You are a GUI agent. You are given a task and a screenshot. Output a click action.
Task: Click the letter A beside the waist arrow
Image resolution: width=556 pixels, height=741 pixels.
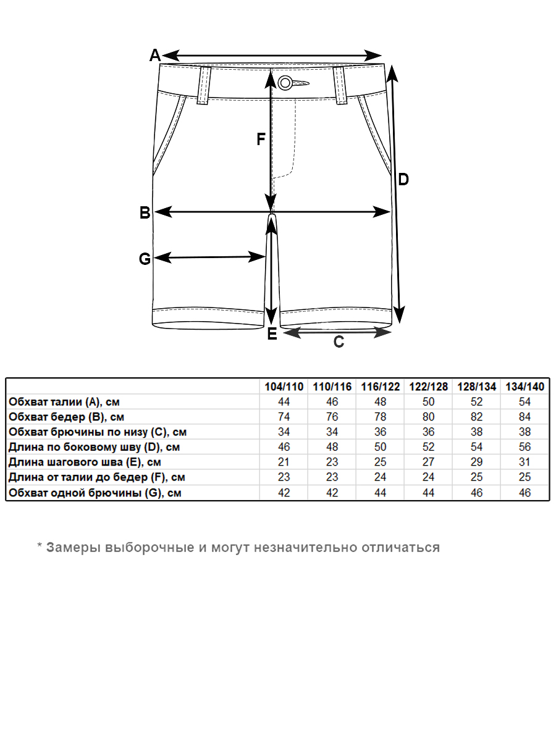coord(155,55)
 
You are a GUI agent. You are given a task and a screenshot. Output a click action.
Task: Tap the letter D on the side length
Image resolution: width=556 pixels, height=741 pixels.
coord(403,180)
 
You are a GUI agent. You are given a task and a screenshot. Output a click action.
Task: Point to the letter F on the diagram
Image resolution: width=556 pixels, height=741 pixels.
coord(261,140)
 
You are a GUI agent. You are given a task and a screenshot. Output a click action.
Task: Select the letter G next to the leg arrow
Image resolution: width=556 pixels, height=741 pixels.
coord(145,259)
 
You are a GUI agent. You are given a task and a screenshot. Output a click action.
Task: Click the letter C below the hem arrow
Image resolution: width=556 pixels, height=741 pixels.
coord(339,342)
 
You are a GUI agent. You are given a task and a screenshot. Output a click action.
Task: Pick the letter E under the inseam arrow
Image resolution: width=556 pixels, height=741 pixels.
coord(272,335)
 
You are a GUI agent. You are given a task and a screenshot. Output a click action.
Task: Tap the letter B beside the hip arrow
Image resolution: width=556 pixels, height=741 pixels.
coord(145,213)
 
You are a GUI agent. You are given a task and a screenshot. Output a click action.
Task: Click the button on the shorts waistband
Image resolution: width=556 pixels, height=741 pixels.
coord(285,83)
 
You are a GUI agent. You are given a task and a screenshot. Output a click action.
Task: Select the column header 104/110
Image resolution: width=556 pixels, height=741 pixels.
coord(284,387)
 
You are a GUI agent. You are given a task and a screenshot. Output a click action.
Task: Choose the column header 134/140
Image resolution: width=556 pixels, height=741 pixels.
coord(525,387)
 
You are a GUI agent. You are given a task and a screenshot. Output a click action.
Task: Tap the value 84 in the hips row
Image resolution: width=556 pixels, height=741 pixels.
coord(525,417)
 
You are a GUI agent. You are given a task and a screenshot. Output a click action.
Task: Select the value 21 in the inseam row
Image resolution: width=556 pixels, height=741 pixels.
coord(284,462)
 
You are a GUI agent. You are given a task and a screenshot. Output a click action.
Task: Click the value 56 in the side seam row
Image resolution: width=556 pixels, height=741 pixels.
coord(525,447)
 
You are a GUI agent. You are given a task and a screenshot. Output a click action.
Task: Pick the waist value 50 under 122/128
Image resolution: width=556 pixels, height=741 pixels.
coord(429,402)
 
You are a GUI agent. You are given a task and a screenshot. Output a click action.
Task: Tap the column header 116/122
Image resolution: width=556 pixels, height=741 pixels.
coord(381,387)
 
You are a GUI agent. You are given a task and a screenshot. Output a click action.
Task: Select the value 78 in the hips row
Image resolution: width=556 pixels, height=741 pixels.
coord(381,417)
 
